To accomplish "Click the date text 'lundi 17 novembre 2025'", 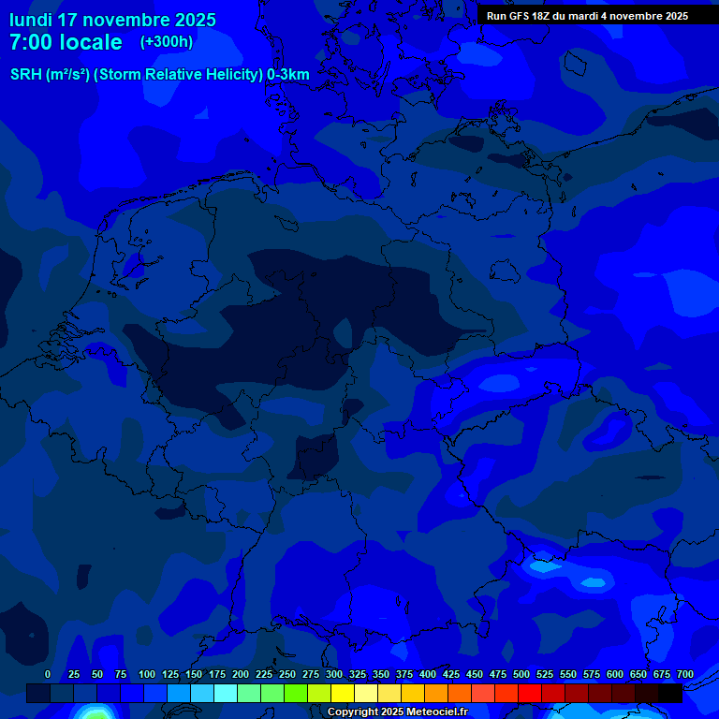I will tap(112, 20).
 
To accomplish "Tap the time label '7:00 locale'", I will tap(66, 42).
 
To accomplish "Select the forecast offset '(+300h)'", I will tap(167, 42).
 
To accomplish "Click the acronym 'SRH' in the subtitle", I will tap(26, 75).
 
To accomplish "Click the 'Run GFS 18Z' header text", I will tap(525, 16).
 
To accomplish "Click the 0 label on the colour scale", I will tap(48, 675).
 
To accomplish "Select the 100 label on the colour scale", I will tap(147, 675).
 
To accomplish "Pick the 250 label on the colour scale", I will tap(287, 675).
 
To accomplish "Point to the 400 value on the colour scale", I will tap(428, 675).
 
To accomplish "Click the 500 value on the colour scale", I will tap(521, 675).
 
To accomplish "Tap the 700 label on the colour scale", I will tap(685, 675).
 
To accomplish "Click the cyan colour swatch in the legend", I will tap(226, 693).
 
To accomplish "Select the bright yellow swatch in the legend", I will tap(343, 693).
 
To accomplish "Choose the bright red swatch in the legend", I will tap(530, 693).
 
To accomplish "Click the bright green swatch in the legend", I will tap(296, 693).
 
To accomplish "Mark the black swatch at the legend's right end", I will tap(670, 693).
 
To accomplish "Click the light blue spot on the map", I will tap(543, 565).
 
